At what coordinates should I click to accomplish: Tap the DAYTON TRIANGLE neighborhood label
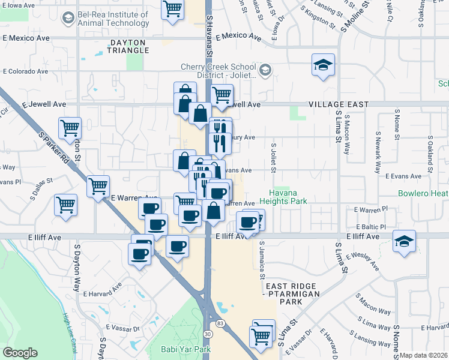128,46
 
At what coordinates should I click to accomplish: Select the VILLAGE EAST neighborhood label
339,104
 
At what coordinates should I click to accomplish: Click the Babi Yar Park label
186,349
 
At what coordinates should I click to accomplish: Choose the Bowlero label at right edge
423,194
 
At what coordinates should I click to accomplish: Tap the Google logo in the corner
20,353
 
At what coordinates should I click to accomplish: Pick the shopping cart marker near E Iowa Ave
173,9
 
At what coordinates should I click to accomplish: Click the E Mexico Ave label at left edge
26,38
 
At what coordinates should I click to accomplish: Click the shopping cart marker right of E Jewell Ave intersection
222,95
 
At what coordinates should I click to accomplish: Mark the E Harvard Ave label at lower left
103,294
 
